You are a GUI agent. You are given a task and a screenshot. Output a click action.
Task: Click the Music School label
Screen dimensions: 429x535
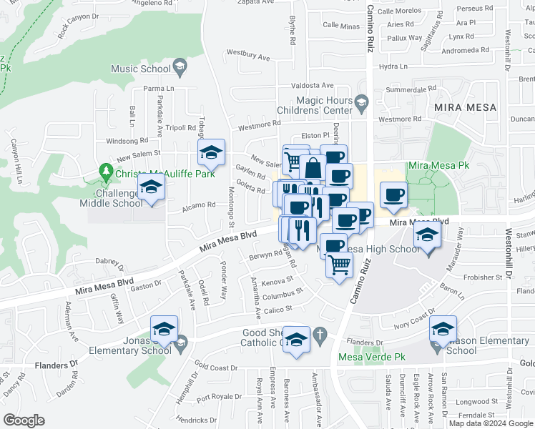pyautogui.click(x=141, y=69)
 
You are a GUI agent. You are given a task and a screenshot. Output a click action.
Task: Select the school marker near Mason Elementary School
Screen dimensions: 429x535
pyautogui.click(x=443, y=330)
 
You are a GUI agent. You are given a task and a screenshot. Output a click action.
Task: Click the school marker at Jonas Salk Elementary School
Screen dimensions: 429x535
pyautogui.click(x=164, y=330)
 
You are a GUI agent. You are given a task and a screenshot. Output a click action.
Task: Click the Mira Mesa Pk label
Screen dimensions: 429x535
pyautogui.click(x=438, y=165)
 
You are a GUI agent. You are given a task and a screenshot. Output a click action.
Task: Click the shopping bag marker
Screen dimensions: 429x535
pyautogui.click(x=313, y=169)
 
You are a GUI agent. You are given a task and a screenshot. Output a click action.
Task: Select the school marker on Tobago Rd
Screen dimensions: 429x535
pyautogui.click(x=211, y=153)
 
